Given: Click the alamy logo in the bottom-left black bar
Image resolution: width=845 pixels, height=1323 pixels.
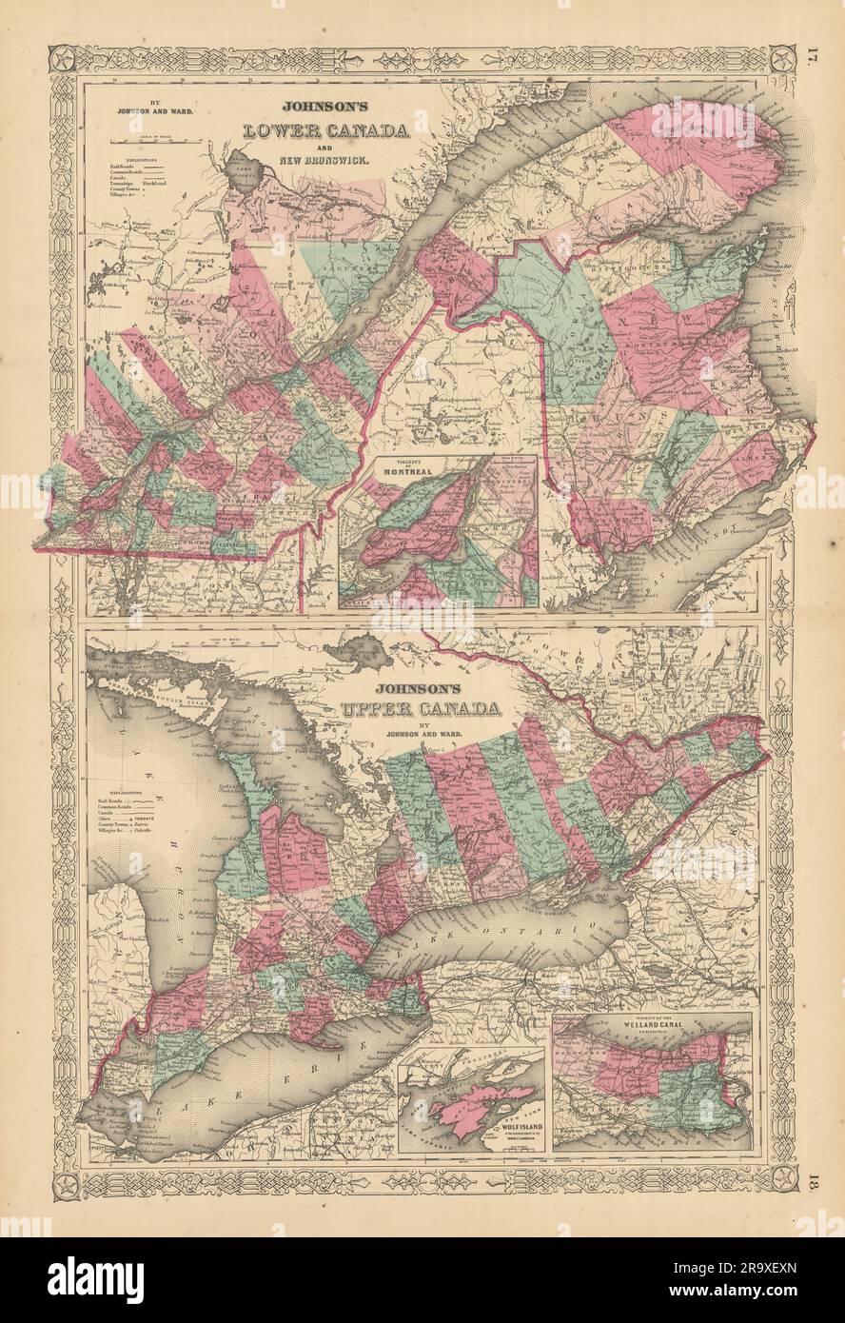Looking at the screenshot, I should click(74, 1276).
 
